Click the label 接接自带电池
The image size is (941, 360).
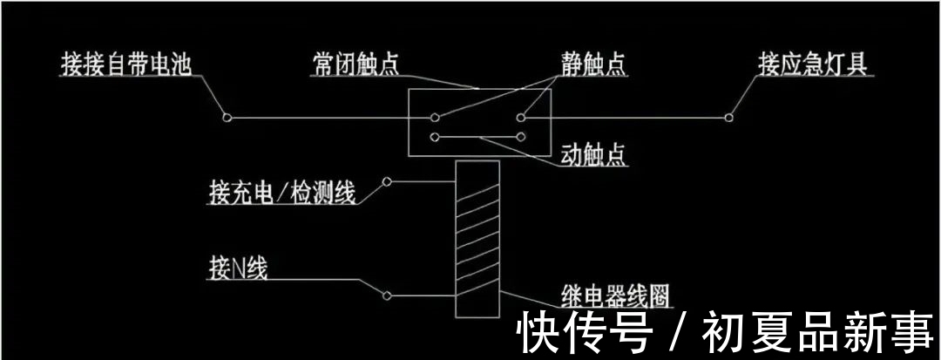125,65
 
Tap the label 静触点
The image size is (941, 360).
594,65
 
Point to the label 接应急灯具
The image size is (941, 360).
813,65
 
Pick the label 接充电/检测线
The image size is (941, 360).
282,193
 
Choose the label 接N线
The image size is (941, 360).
238,268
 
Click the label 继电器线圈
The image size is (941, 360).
617,295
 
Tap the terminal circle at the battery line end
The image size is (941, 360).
227,117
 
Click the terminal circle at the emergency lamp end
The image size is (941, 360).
731,117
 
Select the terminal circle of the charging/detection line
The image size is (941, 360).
387,183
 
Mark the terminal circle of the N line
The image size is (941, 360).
387,295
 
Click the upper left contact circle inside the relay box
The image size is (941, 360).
434,117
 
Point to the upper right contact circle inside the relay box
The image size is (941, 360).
521,117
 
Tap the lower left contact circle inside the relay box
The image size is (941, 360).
434,136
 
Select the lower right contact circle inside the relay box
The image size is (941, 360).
521,136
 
